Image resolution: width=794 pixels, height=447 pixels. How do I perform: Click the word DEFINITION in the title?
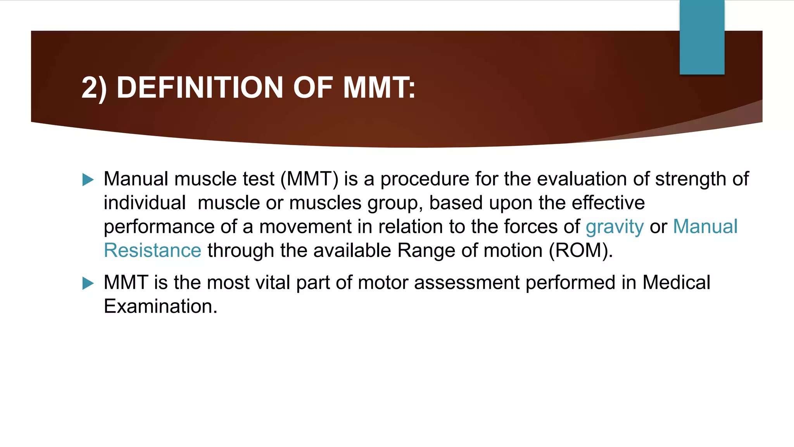click(x=200, y=88)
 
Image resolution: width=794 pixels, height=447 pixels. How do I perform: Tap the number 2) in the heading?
click(x=94, y=88)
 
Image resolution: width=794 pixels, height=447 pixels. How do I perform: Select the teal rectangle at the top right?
click(x=702, y=37)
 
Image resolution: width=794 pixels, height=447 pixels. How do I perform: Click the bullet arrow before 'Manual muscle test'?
click(x=88, y=180)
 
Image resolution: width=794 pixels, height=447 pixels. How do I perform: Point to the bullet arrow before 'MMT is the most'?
click(x=88, y=283)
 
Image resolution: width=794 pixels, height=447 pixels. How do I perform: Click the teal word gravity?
click(x=614, y=227)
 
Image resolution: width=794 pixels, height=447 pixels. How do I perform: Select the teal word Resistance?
click(x=152, y=251)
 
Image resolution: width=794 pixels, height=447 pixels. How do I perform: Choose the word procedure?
click(x=425, y=179)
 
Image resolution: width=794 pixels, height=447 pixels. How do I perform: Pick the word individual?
click(x=145, y=203)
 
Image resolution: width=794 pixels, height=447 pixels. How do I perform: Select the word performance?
click(x=159, y=227)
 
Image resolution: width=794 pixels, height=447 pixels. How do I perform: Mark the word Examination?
click(x=160, y=307)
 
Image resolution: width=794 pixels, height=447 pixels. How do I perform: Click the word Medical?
click(x=676, y=282)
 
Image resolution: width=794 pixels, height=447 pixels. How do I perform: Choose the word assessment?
click(x=467, y=282)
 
